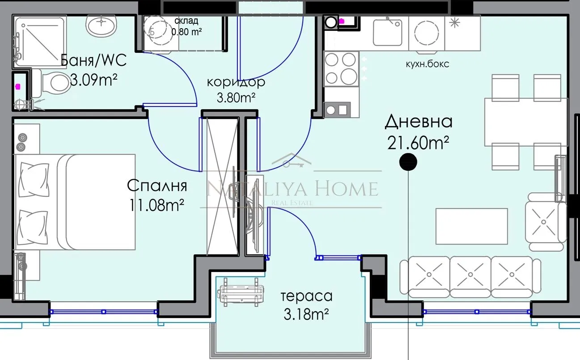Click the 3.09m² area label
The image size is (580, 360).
(94, 80)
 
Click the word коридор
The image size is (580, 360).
(236, 82)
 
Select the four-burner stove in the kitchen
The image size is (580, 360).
(342, 68)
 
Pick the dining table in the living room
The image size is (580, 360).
(523, 122)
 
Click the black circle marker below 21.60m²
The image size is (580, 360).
(408, 161)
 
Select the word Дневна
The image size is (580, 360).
(419, 121)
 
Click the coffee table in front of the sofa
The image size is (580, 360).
(471, 226)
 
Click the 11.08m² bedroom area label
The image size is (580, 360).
(157, 205)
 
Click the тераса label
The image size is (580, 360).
(306, 296)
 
